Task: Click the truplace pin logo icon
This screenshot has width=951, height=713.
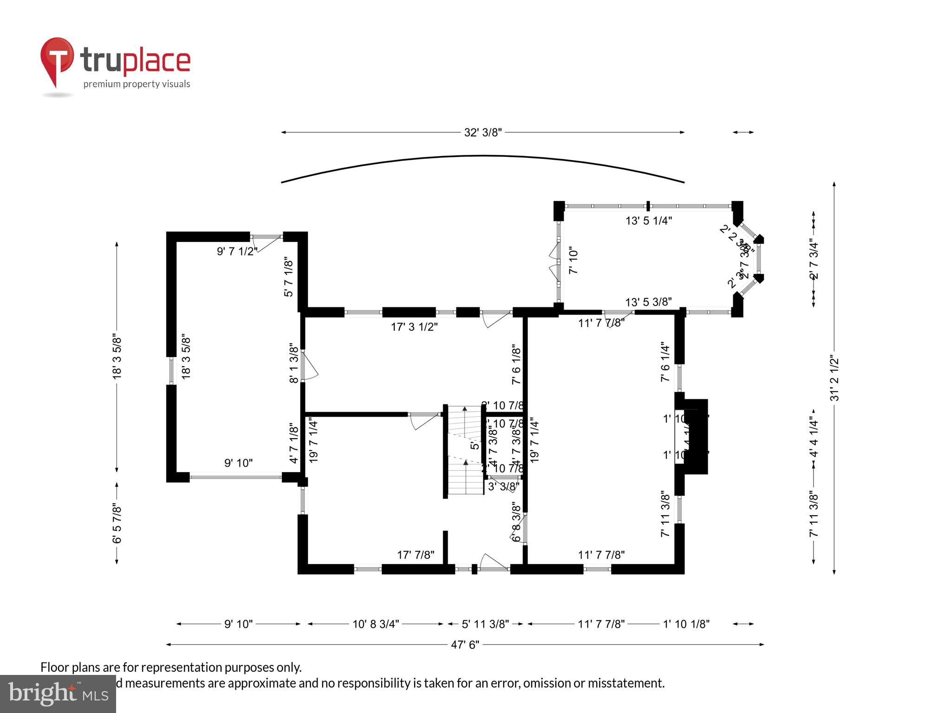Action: click(x=57, y=60)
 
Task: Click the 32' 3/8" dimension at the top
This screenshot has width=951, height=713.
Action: click(x=483, y=133)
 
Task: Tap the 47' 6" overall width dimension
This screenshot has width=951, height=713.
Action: click(x=465, y=645)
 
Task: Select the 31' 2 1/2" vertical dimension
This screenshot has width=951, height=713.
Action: click(x=834, y=378)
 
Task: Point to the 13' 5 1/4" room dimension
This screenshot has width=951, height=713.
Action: click(x=649, y=220)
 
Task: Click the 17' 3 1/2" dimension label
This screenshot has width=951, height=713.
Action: click(x=414, y=327)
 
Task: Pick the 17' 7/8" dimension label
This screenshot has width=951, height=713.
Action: click(x=416, y=555)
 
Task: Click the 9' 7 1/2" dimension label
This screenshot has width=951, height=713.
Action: click(x=237, y=252)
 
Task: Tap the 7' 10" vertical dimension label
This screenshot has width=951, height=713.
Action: click(x=574, y=260)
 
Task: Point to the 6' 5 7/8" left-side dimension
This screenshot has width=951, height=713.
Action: click(x=117, y=524)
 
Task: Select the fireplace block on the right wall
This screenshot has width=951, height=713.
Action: click(x=697, y=436)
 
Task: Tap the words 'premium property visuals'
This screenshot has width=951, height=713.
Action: click(x=137, y=84)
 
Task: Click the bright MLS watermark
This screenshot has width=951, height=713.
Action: click(x=58, y=694)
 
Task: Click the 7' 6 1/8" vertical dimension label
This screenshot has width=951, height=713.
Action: click(x=516, y=364)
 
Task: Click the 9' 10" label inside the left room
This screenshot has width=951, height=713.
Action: click(x=238, y=463)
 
